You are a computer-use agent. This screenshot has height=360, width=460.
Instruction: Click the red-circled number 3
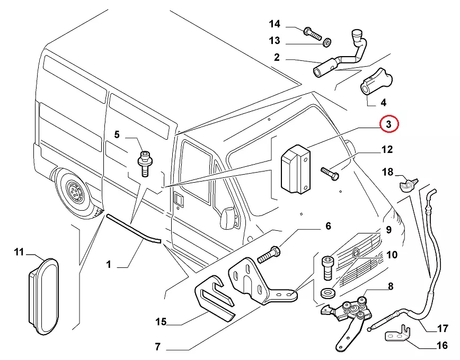388,124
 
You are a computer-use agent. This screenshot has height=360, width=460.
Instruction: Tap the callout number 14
274,24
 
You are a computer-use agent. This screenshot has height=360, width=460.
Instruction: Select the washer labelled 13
328,41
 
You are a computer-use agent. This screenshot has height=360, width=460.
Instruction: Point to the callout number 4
383,102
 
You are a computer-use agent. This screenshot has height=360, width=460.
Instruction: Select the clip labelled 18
406,184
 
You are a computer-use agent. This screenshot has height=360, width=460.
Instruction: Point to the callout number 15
161,321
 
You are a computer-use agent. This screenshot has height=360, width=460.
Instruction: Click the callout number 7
157,348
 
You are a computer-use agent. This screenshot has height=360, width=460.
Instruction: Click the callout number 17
442,328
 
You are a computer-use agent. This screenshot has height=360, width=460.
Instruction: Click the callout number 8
390,286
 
